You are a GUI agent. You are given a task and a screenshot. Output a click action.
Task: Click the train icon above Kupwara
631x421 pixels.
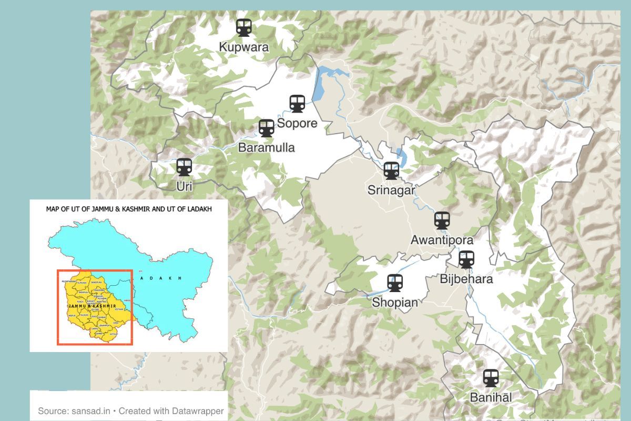[x=243, y=27]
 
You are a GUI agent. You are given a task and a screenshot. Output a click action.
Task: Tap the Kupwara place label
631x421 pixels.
[x=243, y=47]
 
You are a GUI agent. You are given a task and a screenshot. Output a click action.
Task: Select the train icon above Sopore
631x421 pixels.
[x=297, y=103]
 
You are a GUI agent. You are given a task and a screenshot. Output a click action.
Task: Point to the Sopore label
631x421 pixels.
[x=297, y=123]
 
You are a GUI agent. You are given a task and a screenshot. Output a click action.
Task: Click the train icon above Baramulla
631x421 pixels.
[x=267, y=128]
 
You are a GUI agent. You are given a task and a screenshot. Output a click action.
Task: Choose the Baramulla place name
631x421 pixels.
[x=267, y=147]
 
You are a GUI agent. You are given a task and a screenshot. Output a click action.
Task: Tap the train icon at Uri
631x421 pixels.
[x=184, y=167]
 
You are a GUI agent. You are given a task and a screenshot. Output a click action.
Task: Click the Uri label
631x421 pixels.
[x=184, y=186]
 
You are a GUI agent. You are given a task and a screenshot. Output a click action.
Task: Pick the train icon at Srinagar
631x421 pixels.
[x=391, y=170]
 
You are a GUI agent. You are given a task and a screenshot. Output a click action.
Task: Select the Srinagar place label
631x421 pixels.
[x=391, y=190]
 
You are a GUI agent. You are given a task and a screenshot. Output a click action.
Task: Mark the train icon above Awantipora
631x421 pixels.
[x=442, y=220]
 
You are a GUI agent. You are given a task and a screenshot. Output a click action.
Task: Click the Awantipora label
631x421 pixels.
[x=442, y=240]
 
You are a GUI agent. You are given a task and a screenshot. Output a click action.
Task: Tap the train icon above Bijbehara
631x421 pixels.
[x=466, y=259]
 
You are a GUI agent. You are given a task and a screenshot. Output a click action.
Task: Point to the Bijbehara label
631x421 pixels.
[x=466, y=278]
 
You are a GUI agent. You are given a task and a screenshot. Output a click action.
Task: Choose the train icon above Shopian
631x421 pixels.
[x=395, y=283]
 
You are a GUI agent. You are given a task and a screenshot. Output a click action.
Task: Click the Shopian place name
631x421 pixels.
[x=395, y=303]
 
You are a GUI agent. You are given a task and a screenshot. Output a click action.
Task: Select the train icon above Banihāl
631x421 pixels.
[x=491, y=377]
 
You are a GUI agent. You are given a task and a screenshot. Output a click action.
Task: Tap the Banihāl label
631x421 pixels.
[x=491, y=397]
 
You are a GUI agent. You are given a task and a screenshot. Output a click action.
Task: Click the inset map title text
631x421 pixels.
[x=129, y=209]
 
